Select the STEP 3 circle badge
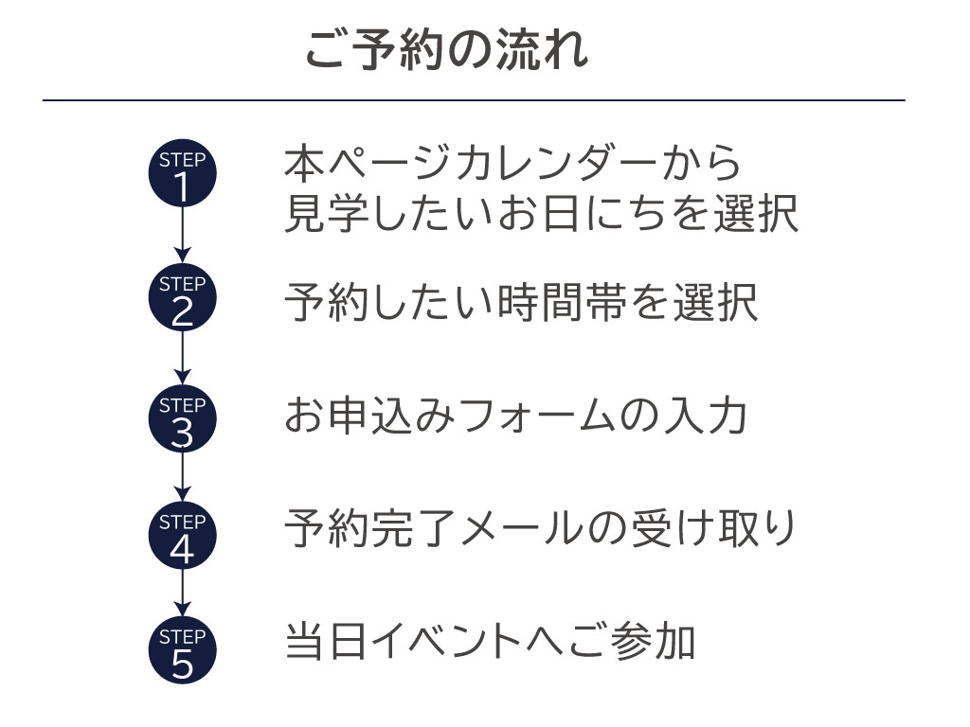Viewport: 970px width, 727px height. pyautogui.click(x=183, y=418)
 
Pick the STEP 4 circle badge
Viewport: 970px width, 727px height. pyautogui.click(x=183, y=536)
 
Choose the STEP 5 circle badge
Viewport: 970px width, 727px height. pyautogui.click(x=183, y=651)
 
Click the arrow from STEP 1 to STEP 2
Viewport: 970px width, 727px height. pyautogui.click(x=183, y=236)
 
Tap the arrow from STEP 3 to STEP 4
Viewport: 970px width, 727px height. pyautogui.click(x=183, y=477)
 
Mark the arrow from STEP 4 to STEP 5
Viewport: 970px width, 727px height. pyautogui.click(x=183, y=594)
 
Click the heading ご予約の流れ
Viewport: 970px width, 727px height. pyautogui.click(x=446, y=49)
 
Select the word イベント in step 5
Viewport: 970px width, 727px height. pyautogui.click(x=438, y=641)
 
